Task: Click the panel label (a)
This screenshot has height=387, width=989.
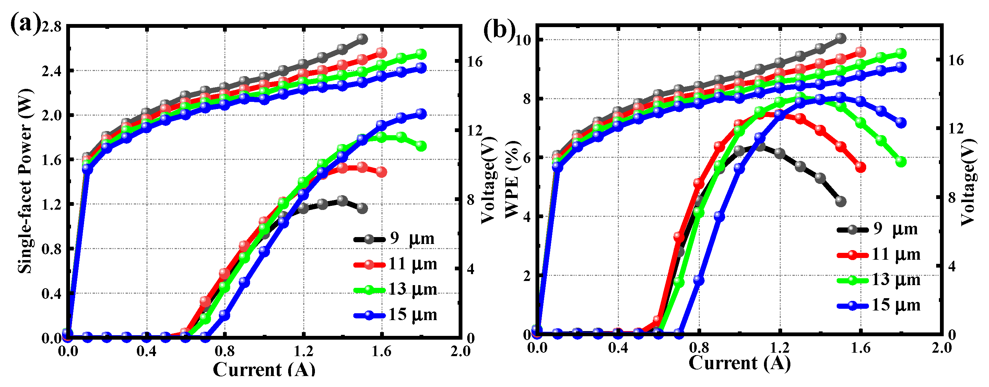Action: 25,24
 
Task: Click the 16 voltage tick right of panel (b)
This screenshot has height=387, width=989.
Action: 956,60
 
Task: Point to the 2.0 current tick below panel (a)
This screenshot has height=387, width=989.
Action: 460,351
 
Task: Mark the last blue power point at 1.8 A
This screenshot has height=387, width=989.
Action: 421,114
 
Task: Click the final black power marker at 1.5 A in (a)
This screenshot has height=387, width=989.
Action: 362,209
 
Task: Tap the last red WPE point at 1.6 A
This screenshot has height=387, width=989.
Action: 861,167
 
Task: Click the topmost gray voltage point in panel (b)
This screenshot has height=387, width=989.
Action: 841,38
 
